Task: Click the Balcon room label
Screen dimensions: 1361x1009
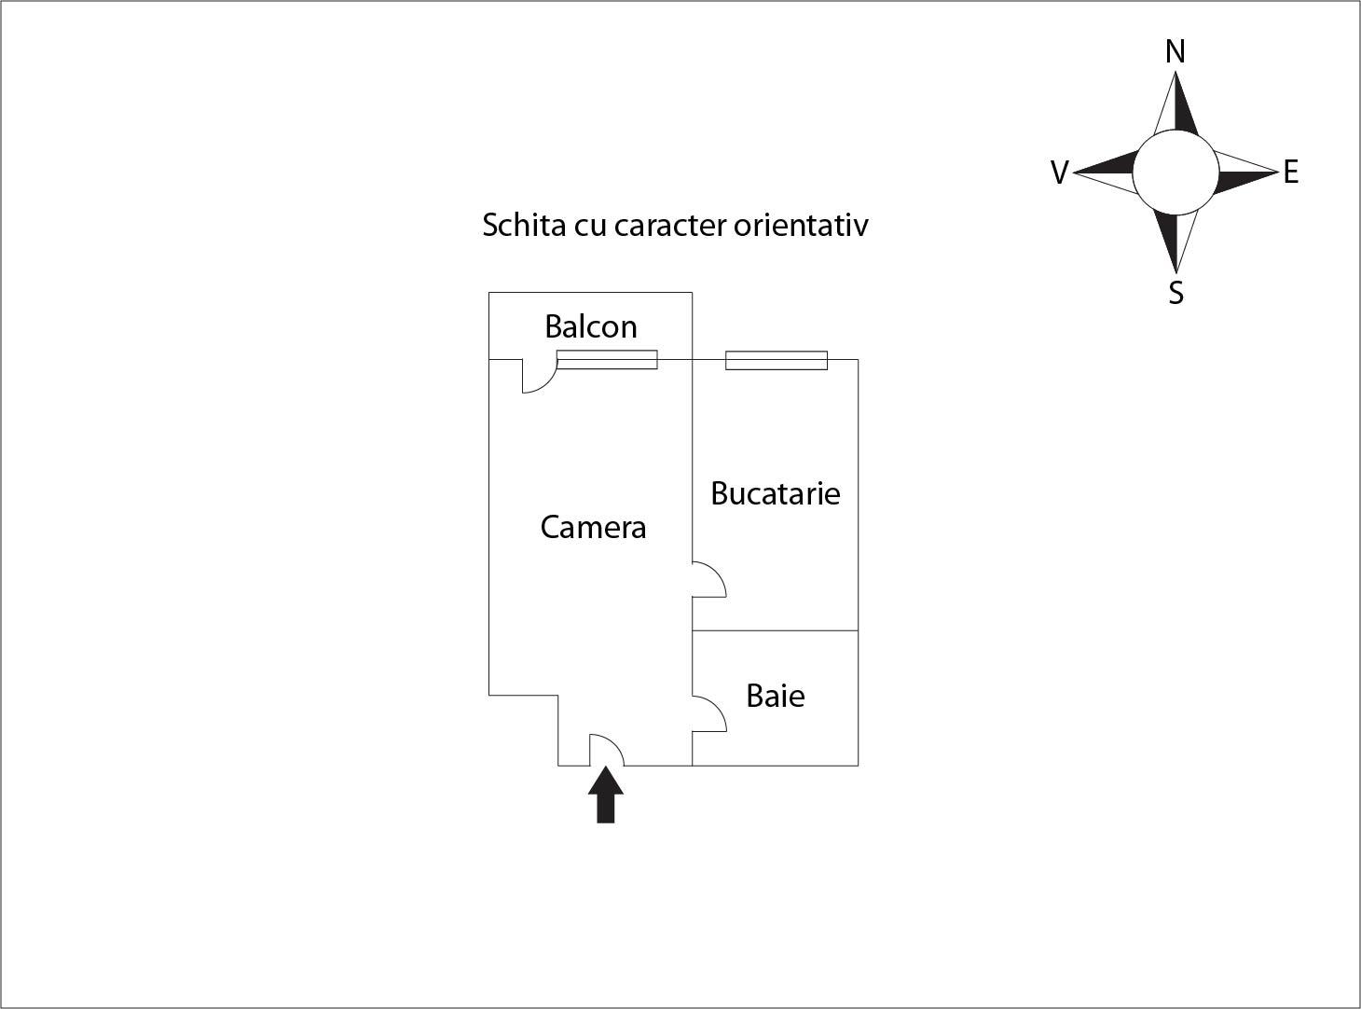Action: coord(591,326)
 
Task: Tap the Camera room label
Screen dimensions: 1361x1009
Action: coord(594,528)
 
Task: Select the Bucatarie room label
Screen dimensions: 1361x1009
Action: coord(776,493)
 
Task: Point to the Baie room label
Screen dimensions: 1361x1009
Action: coord(776,696)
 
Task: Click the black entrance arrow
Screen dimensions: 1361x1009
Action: coord(606,795)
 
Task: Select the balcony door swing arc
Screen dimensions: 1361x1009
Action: coord(547,384)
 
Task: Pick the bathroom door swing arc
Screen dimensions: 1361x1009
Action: coord(718,706)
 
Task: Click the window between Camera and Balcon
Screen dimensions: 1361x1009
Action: coord(607,360)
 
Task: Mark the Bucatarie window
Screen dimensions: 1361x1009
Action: coord(777,361)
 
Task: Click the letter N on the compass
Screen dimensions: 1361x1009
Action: coord(1175,51)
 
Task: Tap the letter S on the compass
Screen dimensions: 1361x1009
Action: coord(1175,293)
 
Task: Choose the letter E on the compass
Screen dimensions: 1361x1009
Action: coord(1291,172)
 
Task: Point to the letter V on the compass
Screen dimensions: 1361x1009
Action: coord(1060,173)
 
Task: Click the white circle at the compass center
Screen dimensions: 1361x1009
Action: coord(1175,173)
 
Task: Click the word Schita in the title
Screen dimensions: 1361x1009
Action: coord(524,225)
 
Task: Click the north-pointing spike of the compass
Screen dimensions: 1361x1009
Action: coord(1175,104)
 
